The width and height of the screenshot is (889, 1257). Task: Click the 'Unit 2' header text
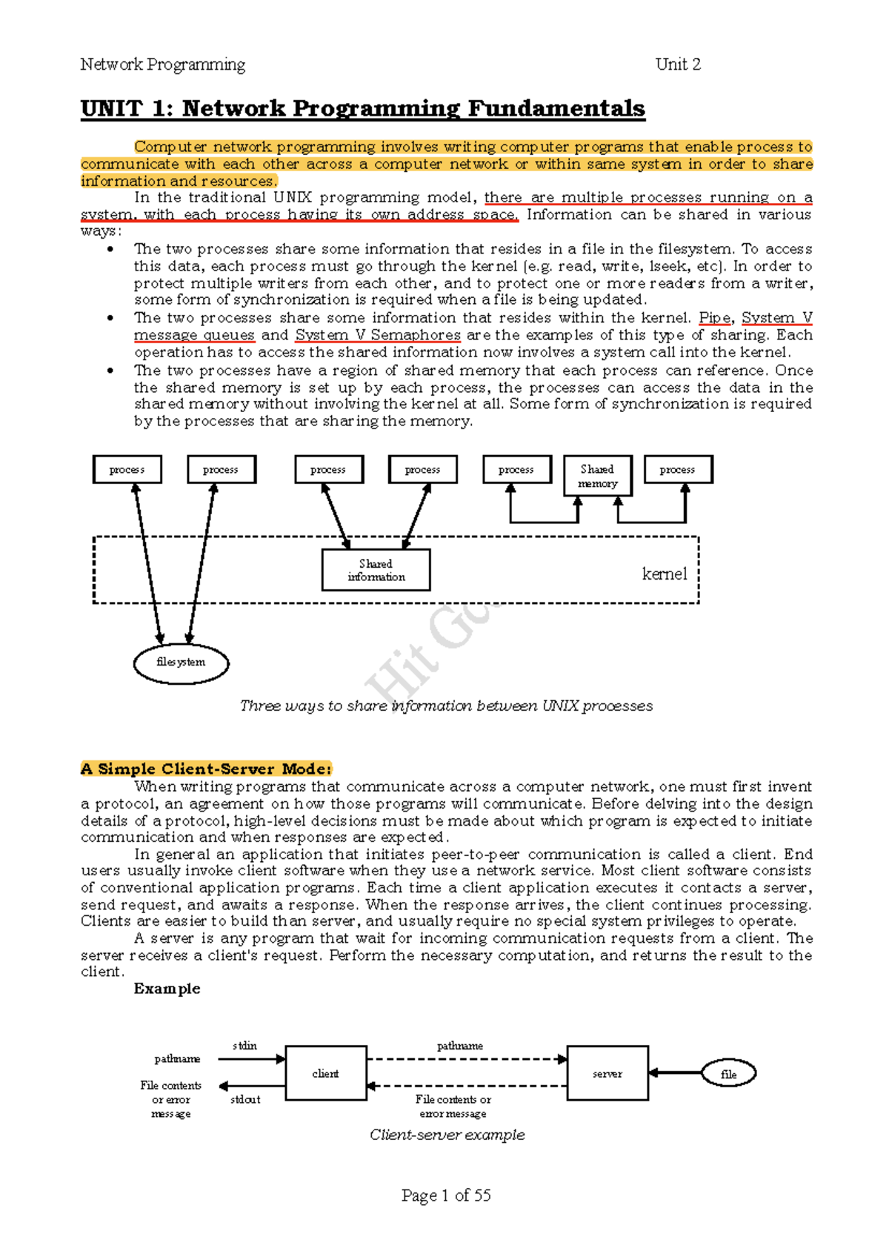click(x=678, y=64)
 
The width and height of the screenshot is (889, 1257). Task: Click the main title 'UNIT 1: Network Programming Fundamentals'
click(x=363, y=109)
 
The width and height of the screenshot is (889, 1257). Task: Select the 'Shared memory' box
click(x=598, y=476)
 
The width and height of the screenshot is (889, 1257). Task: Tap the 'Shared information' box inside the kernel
click(x=376, y=570)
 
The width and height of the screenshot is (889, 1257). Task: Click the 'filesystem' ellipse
click(x=181, y=663)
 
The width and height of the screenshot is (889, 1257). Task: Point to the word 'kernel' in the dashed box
click(x=665, y=574)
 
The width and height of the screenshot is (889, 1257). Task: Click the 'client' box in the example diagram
click(x=326, y=1073)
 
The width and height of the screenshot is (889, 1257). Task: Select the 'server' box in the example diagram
click(x=607, y=1073)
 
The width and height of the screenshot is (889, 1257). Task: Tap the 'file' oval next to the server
click(x=729, y=1074)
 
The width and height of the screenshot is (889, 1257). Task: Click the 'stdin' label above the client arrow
click(x=244, y=1046)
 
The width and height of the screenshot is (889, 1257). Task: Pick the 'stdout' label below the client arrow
click(x=245, y=1099)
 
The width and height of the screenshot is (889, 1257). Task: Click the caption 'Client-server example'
click(x=447, y=1135)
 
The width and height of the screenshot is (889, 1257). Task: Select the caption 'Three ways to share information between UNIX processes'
click(x=446, y=706)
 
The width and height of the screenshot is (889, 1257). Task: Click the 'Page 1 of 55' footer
click(x=446, y=1195)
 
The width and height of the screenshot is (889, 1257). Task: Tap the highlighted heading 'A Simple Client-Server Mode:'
click(x=206, y=769)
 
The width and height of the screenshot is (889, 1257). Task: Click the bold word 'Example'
click(x=167, y=989)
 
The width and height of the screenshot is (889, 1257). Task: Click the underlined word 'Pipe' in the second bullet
click(x=714, y=318)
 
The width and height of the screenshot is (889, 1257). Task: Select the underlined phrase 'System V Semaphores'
click(x=378, y=335)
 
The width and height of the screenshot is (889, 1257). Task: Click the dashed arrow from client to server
click(x=467, y=1059)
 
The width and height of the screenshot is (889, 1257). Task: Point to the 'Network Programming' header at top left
click(x=162, y=64)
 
